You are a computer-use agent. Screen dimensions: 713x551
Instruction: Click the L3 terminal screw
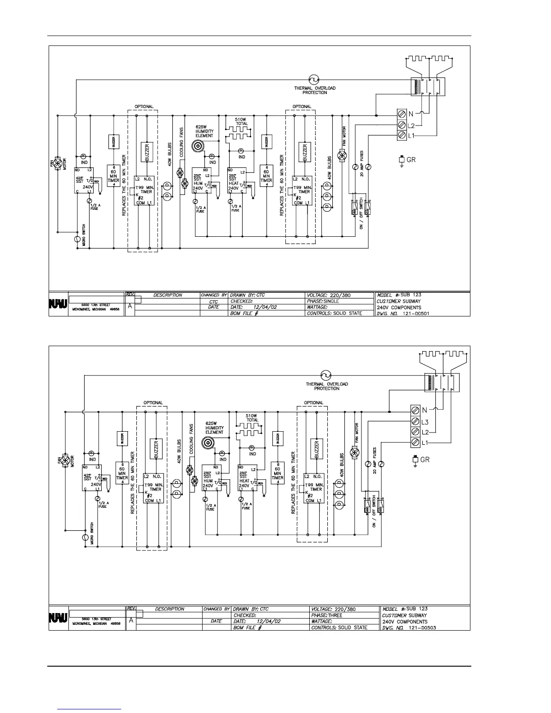416,421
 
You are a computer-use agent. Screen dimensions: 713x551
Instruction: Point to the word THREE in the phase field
335,615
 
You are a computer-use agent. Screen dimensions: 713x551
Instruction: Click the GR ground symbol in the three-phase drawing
415,459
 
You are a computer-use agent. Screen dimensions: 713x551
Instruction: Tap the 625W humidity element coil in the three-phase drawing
207,443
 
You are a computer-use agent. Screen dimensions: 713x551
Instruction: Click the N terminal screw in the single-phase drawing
402,113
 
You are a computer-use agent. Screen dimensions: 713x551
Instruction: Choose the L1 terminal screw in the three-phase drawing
416,443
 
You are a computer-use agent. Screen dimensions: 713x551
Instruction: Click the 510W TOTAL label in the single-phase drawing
242,122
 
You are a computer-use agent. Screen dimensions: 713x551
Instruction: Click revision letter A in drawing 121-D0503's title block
130,620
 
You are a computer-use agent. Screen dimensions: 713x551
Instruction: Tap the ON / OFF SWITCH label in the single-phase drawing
361,218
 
